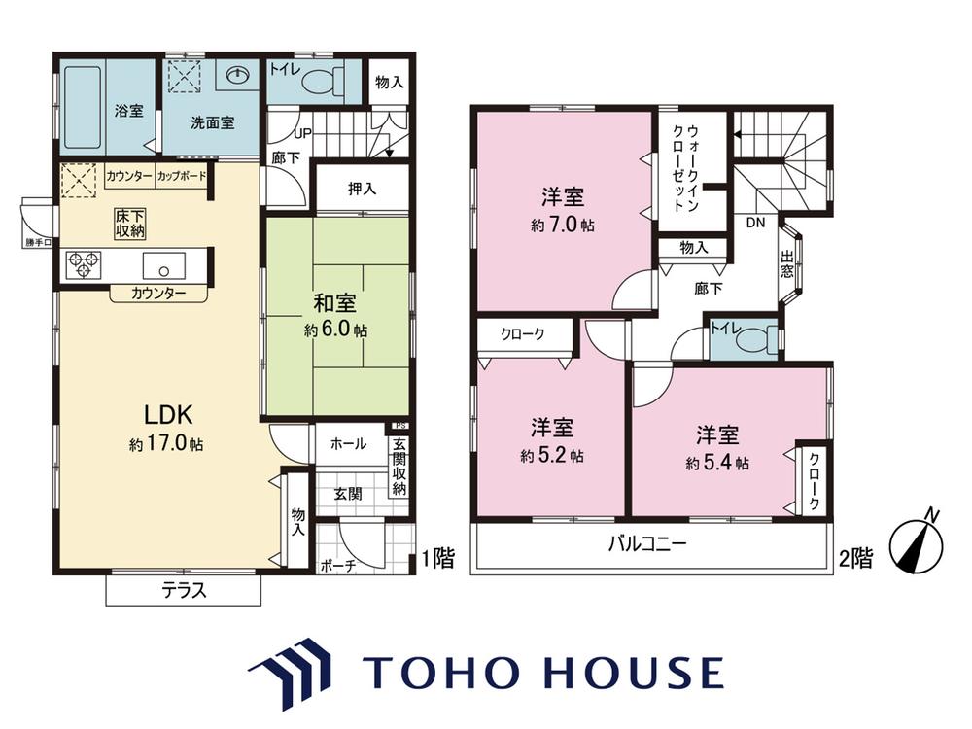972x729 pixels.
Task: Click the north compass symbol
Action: click(917, 543)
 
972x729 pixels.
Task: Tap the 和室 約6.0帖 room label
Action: click(335, 316)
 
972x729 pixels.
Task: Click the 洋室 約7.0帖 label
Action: click(562, 210)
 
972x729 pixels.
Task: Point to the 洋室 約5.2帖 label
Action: click(552, 441)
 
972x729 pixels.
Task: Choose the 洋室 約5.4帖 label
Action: click(717, 448)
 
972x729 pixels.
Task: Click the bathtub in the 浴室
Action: click(83, 107)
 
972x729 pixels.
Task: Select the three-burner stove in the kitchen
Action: click(83, 264)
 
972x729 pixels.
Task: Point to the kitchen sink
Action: click(163, 266)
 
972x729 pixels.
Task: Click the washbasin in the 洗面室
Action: click(238, 75)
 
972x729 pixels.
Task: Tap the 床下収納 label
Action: click(129, 224)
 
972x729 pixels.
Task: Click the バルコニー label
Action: click(647, 544)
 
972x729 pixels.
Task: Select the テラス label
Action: click(184, 590)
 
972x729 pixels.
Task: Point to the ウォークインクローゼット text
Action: click(685, 168)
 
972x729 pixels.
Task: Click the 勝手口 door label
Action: click(39, 242)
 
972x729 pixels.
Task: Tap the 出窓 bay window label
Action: click(786, 263)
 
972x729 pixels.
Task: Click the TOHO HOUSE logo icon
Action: click(290, 672)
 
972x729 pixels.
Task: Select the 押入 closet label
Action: click(362, 189)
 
